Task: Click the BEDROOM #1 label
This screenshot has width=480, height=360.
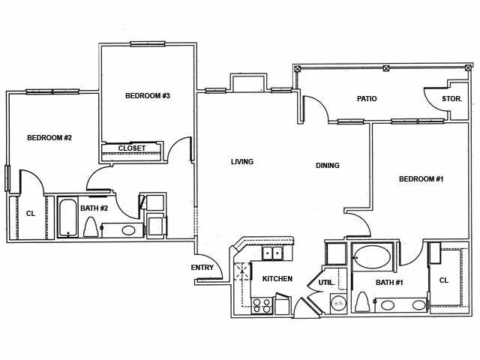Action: tap(421, 179)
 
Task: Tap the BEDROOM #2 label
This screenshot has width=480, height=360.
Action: tap(49, 137)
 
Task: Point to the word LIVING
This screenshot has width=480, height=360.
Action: tap(241, 161)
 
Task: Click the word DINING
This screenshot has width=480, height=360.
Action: tap(327, 166)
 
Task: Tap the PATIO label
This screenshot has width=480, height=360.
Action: tap(367, 99)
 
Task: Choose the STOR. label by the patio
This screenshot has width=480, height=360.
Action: tap(451, 99)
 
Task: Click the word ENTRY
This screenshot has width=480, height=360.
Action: tap(202, 268)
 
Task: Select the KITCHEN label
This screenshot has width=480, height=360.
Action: tap(277, 279)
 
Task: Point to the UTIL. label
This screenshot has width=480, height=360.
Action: tap(325, 283)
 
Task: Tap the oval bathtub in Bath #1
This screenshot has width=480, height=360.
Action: tap(372, 258)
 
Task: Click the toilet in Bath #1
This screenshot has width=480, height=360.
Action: tap(363, 301)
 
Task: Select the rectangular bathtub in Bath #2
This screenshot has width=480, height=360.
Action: tap(67, 217)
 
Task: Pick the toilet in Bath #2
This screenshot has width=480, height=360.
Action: tap(91, 226)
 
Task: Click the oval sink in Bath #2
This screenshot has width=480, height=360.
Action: tap(128, 230)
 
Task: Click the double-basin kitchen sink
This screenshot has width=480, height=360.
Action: tap(271, 253)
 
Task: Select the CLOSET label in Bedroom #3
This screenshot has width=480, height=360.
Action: tap(132, 148)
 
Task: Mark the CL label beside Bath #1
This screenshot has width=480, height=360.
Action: tap(443, 280)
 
